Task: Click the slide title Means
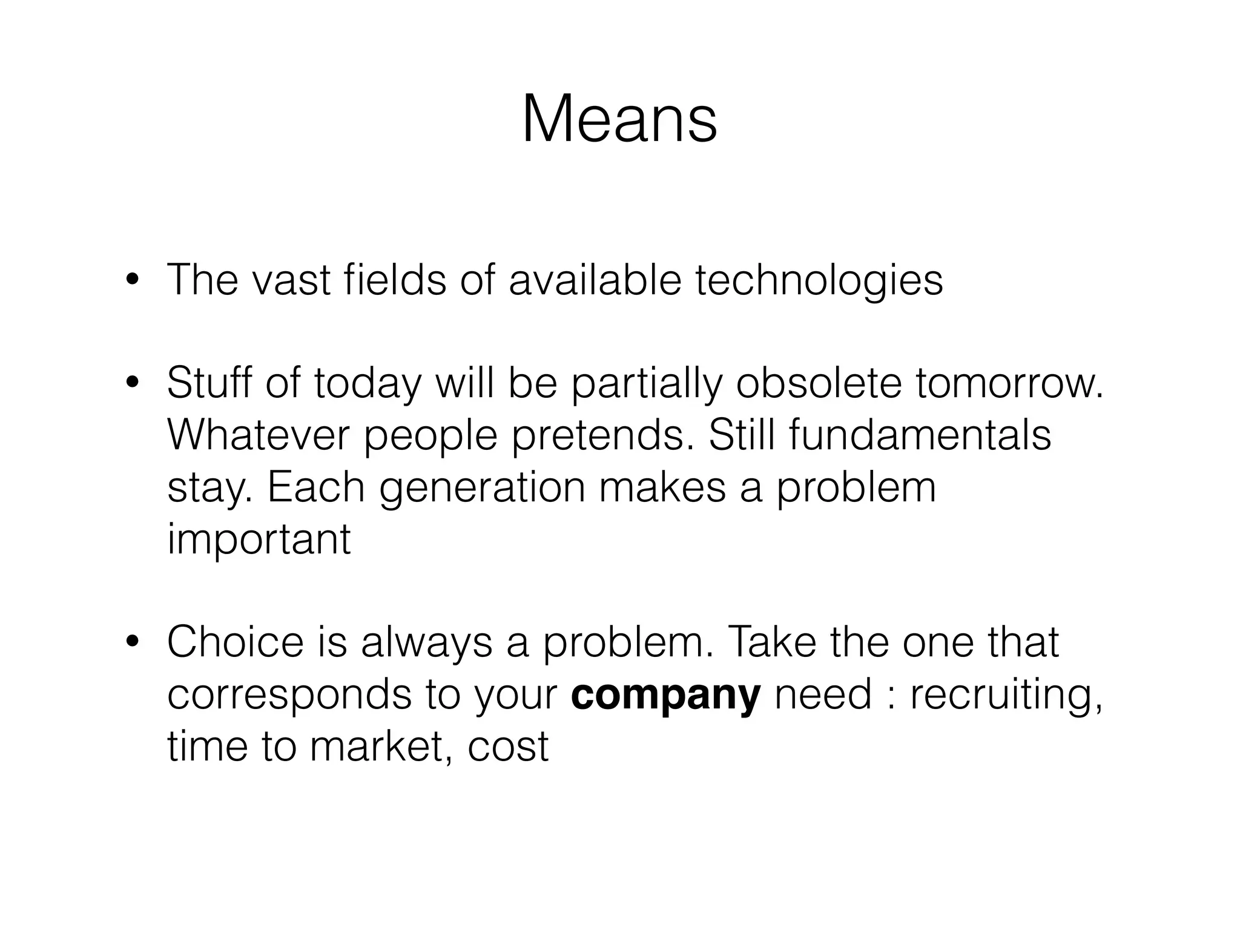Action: pos(619,119)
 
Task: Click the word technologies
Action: pos(819,282)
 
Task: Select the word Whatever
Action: pos(259,435)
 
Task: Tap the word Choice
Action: pos(235,642)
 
